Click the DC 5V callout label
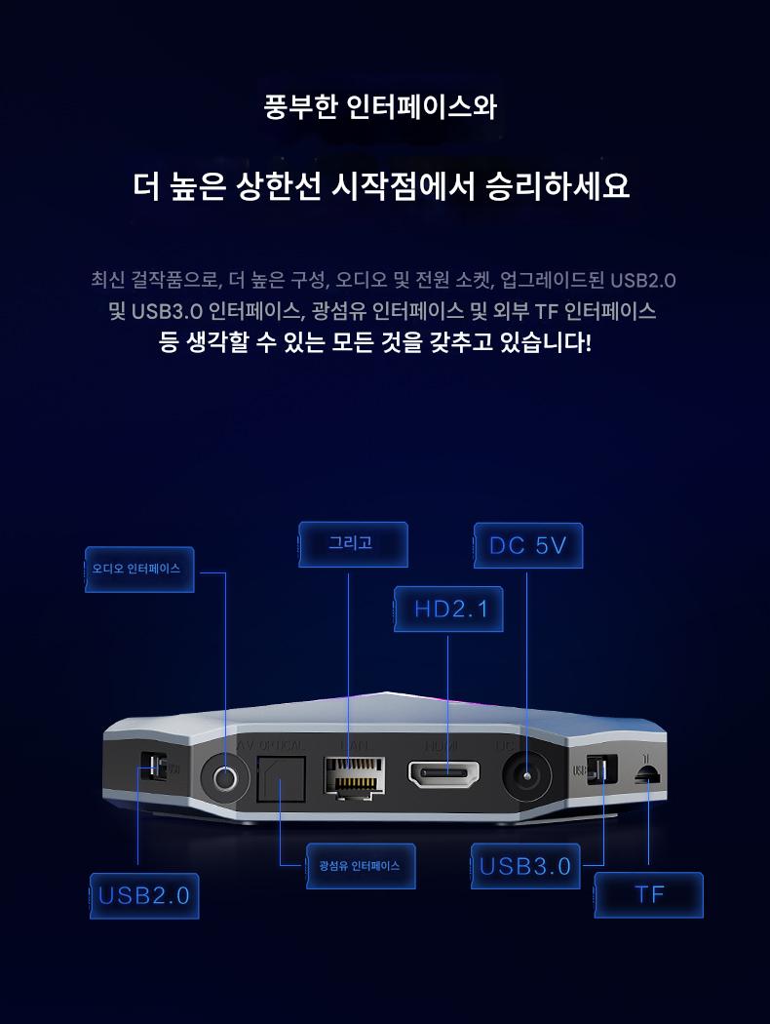pos(527,546)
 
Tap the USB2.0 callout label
pos(144,895)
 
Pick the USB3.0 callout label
pos(525,866)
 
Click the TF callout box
pos(649,895)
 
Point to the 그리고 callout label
pos(351,543)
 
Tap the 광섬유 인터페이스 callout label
pos(360,866)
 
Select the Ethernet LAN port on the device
pos(351,777)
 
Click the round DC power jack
pos(527,778)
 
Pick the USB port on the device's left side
pos(153,767)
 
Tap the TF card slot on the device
pos(646,773)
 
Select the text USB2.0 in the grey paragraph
pos(643,281)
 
